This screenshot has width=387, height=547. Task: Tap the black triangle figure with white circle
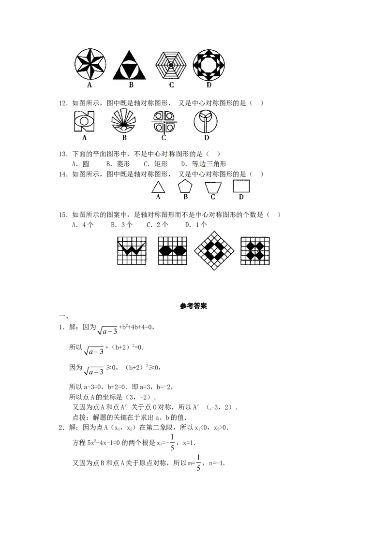[x=129, y=65]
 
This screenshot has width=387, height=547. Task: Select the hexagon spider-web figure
[x=171, y=65]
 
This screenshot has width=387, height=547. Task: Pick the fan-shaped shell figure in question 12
[x=124, y=121]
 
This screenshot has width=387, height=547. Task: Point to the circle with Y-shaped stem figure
[x=206, y=122]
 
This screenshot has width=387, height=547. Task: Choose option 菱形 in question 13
[x=119, y=164]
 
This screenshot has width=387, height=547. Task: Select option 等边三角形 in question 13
[x=204, y=164]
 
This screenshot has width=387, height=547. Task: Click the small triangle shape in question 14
[x=158, y=187]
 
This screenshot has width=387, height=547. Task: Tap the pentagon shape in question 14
[x=185, y=187]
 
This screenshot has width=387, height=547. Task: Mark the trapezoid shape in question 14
[x=213, y=187]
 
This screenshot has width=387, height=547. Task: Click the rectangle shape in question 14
[x=241, y=186]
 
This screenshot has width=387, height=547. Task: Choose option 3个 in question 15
[x=121, y=225]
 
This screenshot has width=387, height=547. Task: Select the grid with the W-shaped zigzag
[x=132, y=251]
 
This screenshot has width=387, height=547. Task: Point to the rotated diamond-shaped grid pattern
[x=214, y=250]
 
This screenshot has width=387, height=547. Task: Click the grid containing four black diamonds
[x=255, y=251]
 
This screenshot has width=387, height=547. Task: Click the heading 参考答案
[x=193, y=306]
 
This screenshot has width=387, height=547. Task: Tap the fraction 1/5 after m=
[x=198, y=463]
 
